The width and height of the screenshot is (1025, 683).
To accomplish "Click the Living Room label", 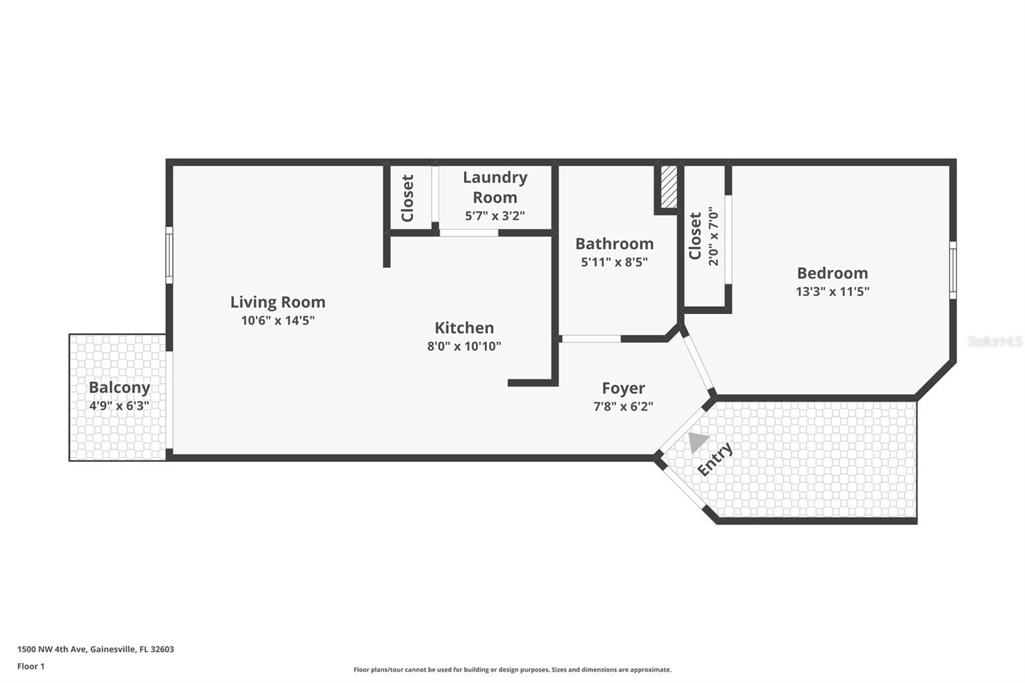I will [x=277, y=302].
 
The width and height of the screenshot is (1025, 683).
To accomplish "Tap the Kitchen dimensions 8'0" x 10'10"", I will [x=464, y=347].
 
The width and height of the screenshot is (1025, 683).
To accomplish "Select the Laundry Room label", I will [x=495, y=187].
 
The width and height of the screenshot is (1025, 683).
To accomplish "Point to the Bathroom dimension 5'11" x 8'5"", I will [x=614, y=262].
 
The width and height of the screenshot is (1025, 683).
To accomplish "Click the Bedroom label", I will [x=832, y=273].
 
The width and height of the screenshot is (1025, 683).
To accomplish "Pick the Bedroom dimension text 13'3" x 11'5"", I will [x=832, y=292].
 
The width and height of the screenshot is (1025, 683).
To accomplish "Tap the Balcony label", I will [x=119, y=387].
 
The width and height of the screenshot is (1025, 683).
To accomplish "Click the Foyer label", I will [x=623, y=388].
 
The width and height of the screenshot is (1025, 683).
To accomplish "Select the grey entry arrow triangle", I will [x=697, y=441].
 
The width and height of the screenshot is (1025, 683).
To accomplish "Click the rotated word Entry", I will [x=715, y=459].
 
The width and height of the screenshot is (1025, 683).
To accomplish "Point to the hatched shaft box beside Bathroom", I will [x=668, y=186].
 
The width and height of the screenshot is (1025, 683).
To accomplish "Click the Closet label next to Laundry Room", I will [x=407, y=198].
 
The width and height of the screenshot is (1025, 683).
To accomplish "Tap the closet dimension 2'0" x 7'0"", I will [x=713, y=236].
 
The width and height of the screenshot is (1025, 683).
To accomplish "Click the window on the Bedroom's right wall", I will [x=952, y=270].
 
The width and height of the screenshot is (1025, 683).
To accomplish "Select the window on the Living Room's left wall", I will [x=169, y=255].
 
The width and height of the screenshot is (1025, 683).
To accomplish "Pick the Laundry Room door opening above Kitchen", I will [x=468, y=233].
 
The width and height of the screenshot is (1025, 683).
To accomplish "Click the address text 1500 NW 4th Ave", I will [x=95, y=649].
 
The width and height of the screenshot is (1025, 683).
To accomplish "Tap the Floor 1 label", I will [x=31, y=666].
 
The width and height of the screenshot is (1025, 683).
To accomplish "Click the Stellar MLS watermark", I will [x=994, y=341].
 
